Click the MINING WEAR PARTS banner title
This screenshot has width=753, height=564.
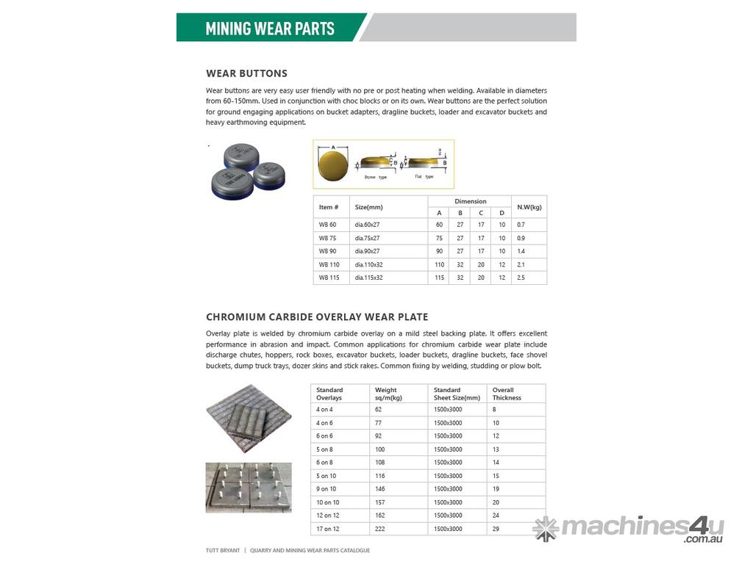pyautogui.click(x=270, y=29)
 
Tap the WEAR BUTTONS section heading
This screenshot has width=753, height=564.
pyautogui.click(x=246, y=73)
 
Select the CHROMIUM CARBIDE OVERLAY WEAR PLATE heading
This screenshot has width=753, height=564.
pyautogui.click(x=317, y=317)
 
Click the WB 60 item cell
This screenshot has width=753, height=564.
pyautogui.click(x=328, y=224)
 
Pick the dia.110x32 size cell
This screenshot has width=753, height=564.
pyautogui.click(x=369, y=264)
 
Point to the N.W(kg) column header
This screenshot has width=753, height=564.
pyautogui.click(x=529, y=207)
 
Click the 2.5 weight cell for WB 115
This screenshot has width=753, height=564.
pyautogui.click(x=521, y=278)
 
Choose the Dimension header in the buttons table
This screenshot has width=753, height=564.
pyautogui.click(x=470, y=201)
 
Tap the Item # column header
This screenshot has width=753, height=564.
pyautogui.click(x=329, y=207)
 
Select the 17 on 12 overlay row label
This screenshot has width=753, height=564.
pyautogui.click(x=329, y=529)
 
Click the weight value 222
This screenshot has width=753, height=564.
pyautogui.click(x=379, y=529)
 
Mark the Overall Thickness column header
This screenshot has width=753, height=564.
pyautogui.click(x=507, y=394)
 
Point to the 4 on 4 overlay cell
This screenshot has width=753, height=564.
pyautogui.click(x=325, y=409)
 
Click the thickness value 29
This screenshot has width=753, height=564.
pyautogui.click(x=496, y=529)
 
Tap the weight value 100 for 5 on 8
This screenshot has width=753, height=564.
pyautogui.click(x=380, y=449)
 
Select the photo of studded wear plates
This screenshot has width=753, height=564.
pyautogui.click(x=248, y=487)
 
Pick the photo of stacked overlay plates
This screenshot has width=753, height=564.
pyautogui.click(x=248, y=418)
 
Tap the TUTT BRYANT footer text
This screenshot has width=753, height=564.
pyautogui.click(x=223, y=550)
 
